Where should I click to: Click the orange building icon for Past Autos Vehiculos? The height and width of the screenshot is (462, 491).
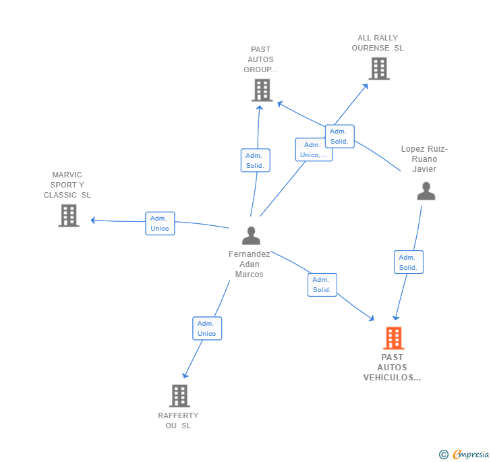(x=393, y=338)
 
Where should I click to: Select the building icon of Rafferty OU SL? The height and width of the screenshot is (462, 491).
(x=179, y=396)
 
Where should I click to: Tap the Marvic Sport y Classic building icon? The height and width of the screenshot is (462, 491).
(x=68, y=215)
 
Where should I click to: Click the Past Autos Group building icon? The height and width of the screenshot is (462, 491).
(x=262, y=90)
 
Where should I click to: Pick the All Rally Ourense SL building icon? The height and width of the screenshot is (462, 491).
(x=378, y=68)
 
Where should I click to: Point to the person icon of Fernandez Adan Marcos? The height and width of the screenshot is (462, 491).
(x=251, y=235)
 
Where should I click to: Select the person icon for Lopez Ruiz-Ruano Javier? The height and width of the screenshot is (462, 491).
(x=426, y=192)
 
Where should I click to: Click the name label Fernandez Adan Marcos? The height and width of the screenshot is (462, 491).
(x=249, y=264)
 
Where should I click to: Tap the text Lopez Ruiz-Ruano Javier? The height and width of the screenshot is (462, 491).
(x=424, y=159)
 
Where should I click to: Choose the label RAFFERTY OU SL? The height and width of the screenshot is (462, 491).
(x=178, y=420)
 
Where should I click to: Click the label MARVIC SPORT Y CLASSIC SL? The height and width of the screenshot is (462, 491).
(x=67, y=185)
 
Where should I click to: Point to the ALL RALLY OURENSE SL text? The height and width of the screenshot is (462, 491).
(x=378, y=43)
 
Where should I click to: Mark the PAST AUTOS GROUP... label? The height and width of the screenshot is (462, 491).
(x=260, y=59)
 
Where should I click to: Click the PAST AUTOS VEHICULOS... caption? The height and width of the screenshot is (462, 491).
(x=392, y=368)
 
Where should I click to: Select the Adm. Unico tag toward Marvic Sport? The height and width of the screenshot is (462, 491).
(x=160, y=223)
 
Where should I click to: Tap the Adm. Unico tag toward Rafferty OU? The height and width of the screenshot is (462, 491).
(x=206, y=328)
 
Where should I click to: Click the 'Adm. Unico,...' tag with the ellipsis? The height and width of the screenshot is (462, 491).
(x=313, y=150)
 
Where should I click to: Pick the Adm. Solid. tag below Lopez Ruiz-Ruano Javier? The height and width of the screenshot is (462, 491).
(x=408, y=262)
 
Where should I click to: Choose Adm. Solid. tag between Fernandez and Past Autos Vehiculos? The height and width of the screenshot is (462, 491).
(x=322, y=285)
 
